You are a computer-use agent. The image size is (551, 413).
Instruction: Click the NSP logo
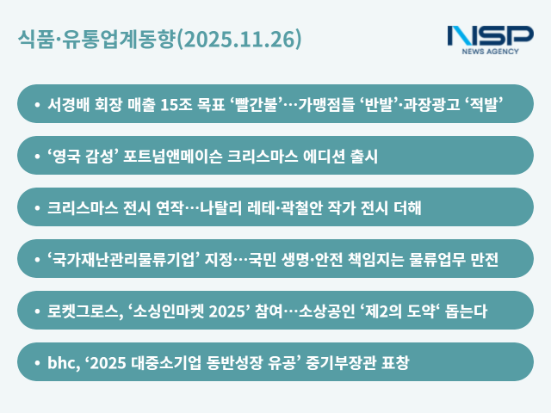pyautogui.click(x=491, y=39)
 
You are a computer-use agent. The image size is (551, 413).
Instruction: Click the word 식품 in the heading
pyautogui.click(x=35, y=40)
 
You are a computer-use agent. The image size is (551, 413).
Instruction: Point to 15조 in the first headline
pyautogui.click(x=187, y=104)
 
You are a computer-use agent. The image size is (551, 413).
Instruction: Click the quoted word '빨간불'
pyautogui.click(x=257, y=104)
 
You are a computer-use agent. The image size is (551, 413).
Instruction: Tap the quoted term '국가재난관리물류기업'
pyautogui.click(x=125, y=259)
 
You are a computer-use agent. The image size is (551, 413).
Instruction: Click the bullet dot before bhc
pyautogui.click(x=37, y=362)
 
